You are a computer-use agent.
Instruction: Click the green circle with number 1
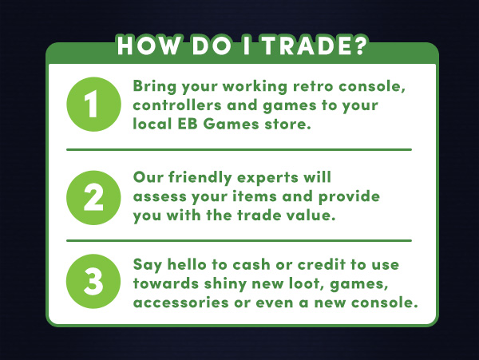pos(93,104)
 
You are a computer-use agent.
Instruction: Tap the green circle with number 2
pos(93,197)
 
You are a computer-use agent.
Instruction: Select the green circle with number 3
pos(93,281)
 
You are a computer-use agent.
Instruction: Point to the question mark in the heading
pos(359,45)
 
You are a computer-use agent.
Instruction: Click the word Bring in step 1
pos(155,87)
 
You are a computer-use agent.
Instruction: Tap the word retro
pos(313,86)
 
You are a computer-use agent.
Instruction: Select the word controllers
pos(177,105)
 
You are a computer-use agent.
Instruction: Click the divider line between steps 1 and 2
pos(239,149)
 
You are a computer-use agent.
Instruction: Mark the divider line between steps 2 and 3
pos(239,240)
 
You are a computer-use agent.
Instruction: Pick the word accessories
pos(181,303)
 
